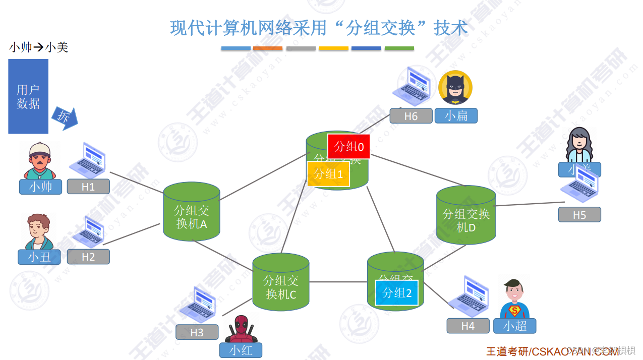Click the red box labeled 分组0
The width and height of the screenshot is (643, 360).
pos(348,147)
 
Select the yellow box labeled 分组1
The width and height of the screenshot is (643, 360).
pos(328,174)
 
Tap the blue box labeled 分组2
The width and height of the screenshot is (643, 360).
pos(397,293)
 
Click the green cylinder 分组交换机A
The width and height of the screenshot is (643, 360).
pos(192,212)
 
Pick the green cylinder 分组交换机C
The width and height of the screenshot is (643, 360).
pos(280,282)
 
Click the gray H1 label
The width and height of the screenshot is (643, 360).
pos(88,187)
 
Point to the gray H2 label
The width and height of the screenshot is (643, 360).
pos(88,257)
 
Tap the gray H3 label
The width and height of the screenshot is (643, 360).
pos(197,332)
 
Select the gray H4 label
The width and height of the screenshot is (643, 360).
pos(467,326)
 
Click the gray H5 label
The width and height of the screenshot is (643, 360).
pos(579,215)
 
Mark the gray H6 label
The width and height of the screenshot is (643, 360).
pos(411,116)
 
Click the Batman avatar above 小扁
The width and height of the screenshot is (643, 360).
pos(455,88)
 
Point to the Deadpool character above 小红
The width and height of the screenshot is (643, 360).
pos(241,329)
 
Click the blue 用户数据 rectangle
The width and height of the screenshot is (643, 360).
pos(28,96)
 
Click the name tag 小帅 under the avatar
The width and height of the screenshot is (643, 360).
pos(40,187)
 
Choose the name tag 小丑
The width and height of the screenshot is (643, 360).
pos(39,257)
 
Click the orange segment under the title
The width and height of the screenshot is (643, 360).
pos(268,48)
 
